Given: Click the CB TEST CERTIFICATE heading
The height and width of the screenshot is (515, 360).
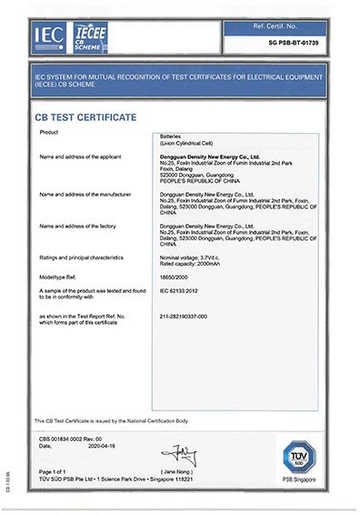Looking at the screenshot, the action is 85,116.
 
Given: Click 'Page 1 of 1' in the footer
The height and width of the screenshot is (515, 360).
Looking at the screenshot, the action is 55,470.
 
